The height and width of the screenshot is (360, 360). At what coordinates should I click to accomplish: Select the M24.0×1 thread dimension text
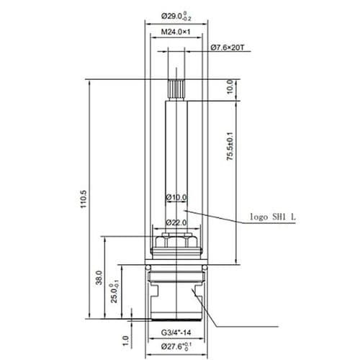point(176,32)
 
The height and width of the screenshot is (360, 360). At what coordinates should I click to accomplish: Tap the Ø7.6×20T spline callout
point(228,48)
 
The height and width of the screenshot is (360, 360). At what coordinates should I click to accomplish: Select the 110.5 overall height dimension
point(84,198)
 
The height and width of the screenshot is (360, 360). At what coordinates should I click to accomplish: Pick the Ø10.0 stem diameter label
point(176,197)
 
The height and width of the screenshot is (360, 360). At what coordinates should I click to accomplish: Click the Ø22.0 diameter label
point(176,222)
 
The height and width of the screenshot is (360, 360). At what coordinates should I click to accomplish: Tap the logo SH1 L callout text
point(273,216)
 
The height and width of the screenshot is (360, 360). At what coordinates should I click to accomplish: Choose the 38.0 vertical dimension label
point(99,276)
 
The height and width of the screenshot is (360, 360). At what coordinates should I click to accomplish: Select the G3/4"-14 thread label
point(176,333)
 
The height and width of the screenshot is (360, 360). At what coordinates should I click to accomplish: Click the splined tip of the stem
point(176,90)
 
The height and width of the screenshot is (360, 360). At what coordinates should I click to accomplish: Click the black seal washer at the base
point(176,318)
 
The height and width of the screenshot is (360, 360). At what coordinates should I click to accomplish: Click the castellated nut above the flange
point(176,242)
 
